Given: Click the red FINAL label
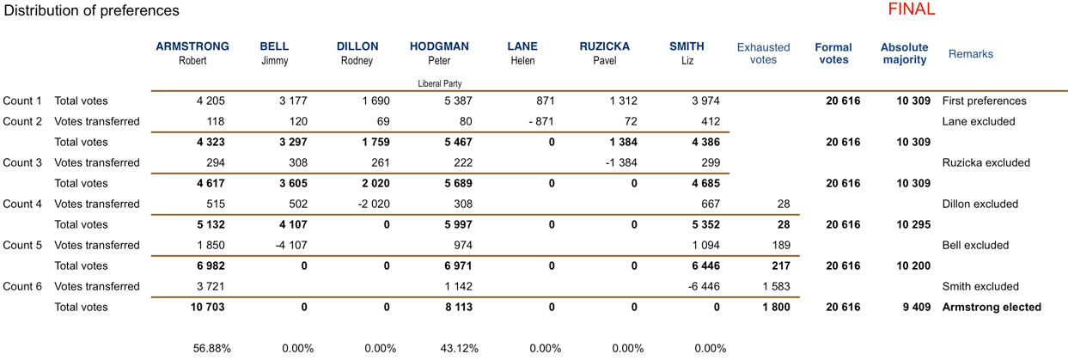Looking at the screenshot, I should [x=911, y=10].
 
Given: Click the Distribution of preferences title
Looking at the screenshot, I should [x=90, y=11].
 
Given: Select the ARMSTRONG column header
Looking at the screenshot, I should [x=192, y=47].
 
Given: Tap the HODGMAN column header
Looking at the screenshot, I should [x=439, y=47].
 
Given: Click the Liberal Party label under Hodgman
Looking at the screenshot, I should [x=440, y=83].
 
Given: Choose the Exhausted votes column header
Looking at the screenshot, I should [x=763, y=53].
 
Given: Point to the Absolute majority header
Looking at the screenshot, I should [x=904, y=53].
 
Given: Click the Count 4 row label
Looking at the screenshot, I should [x=22, y=204].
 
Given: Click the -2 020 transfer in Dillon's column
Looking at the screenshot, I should [x=374, y=204].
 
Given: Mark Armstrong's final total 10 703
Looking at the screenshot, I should [x=206, y=307].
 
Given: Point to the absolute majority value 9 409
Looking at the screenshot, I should [x=912, y=307].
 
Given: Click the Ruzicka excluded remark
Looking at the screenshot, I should [x=986, y=162].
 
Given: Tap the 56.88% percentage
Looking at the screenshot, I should [x=212, y=348].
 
